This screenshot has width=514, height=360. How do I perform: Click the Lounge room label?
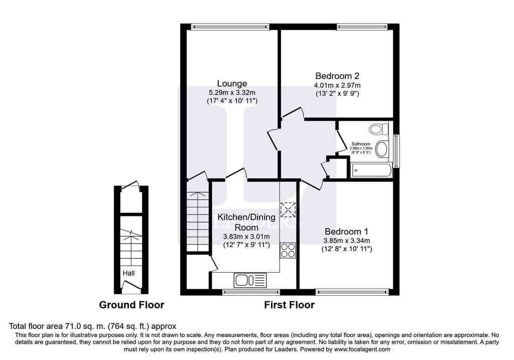click(x=232, y=84)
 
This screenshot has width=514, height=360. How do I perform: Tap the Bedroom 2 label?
click(x=337, y=76)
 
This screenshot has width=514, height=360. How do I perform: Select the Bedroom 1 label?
click(x=346, y=231)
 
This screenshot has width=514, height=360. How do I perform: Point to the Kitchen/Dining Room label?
click(x=247, y=222)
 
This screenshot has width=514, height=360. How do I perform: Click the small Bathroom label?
click(x=361, y=144)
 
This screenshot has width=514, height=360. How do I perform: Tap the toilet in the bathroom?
click(x=379, y=129)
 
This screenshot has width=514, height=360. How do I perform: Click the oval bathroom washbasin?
click(x=381, y=149)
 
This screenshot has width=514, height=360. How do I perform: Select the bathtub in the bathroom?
click(x=371, y=170)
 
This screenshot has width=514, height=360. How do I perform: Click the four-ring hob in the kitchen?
click(x=288, y=250)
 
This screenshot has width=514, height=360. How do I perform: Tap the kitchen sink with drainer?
click(x=250, y=280)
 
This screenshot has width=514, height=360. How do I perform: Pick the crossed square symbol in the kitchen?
click(x=288, y=210)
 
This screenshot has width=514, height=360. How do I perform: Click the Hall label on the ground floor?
click(x=128, y=273)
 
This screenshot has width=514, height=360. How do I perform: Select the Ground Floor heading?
click(x=132, y=305)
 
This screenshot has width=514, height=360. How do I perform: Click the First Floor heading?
click(x=289, y=305)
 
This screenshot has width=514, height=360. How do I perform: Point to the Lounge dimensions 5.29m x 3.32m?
click(x=232, y=92)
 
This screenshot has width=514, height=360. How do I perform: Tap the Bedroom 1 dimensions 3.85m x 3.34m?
click(x=346, y=241)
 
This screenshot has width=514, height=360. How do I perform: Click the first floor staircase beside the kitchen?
click(x=198, y=221)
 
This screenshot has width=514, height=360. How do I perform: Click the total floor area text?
click(x=92, y=326)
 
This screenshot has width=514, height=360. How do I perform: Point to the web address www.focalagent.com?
click(x=362, y=349)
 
